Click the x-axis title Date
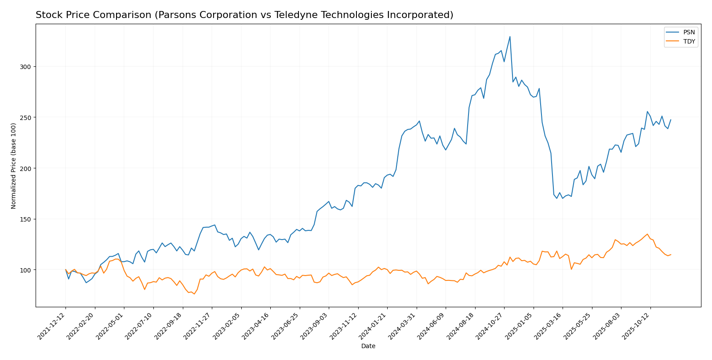tap(368, 346)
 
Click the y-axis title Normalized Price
tap(14, 166)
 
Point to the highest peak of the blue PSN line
tap(510, 36)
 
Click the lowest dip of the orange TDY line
tap(194, 294)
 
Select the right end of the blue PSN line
tap(671, 120)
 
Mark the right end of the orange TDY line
tap(671, 255)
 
